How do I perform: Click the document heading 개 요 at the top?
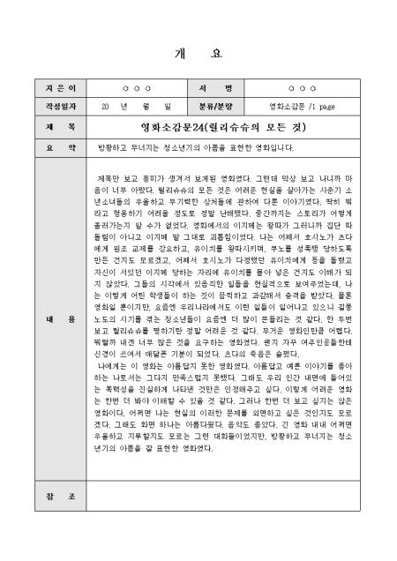click(198, 50)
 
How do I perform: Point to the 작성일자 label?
click(49, 106)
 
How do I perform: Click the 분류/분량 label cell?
click(221, 106)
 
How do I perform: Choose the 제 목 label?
click(49, 126)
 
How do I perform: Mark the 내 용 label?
click(49, 317)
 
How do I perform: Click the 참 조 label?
click(49, 497)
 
